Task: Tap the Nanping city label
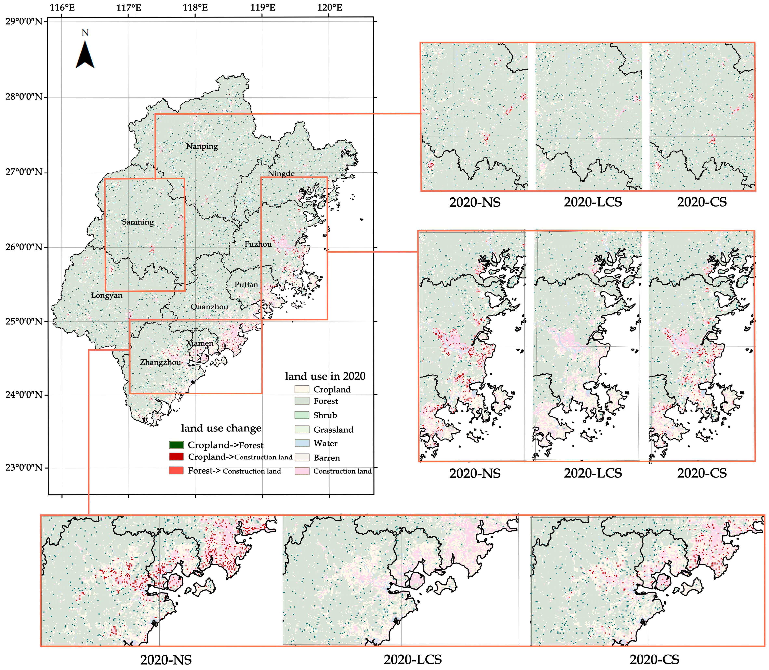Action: pyautogui.click(x=202, y=146)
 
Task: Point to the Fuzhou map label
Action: pyautogui.click(x=258, y=244)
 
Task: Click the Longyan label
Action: pyautogui.click(x=107, y=295)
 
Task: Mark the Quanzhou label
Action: pyautogui.click(x=209, y=307)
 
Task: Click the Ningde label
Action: pyautogui.click(x=281, y=173)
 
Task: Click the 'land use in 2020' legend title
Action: pyautogui.click(x=325, y=376)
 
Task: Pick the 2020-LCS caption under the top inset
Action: pyautogui.click(x=593, y=202)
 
